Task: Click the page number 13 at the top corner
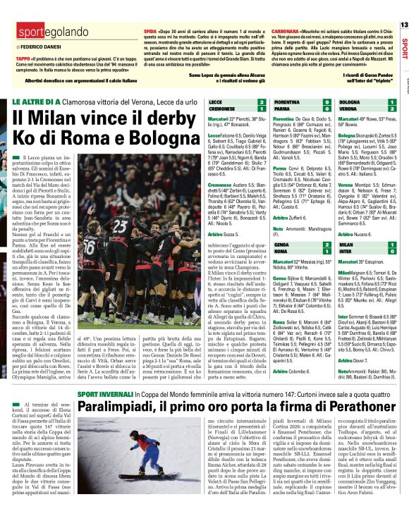pos(403,25)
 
